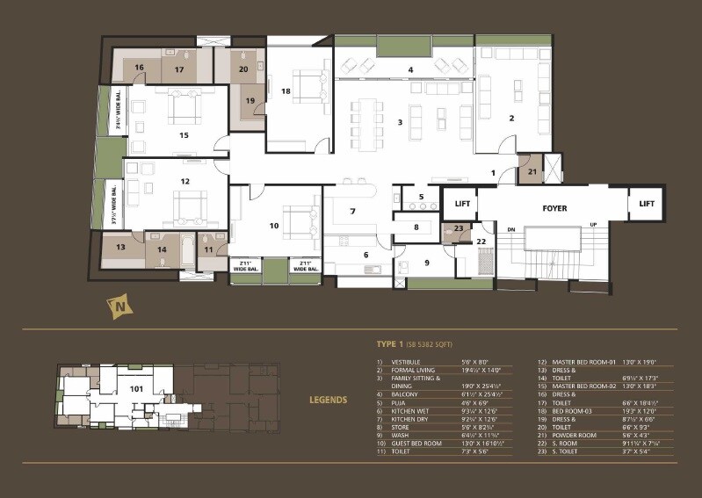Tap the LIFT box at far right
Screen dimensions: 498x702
(x=647, y=204)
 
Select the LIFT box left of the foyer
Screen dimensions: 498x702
(x=462, y=204)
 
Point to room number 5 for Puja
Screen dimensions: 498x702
(x=421, y=197)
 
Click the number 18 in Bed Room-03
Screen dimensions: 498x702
(x=286, y=91)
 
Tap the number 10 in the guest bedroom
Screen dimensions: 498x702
(x=274, y=226)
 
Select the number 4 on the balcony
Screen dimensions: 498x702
(x=409, y=69)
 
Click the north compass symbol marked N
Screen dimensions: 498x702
(x=116, y=307)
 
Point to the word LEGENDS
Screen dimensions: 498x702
(x=328, y=400)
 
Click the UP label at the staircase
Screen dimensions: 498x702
(x=595, y=226)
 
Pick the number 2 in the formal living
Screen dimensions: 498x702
(x=511, y=117)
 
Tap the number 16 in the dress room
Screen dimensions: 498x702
(x=139, y=68)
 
